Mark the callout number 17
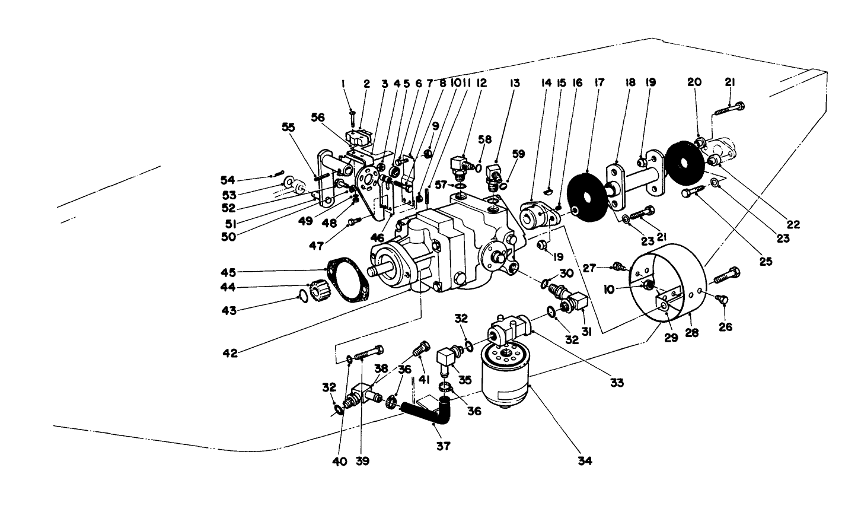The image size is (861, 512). pyautogui.click(x=599, y=84)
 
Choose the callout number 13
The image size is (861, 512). pyautogui.click(x=514, y=84)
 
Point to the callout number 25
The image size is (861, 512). pyautogui.click(x=766, y=260)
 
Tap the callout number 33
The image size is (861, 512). pyautogui.click(x=617, y=383)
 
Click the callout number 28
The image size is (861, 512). pyautogui.click(x=692, y=333)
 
